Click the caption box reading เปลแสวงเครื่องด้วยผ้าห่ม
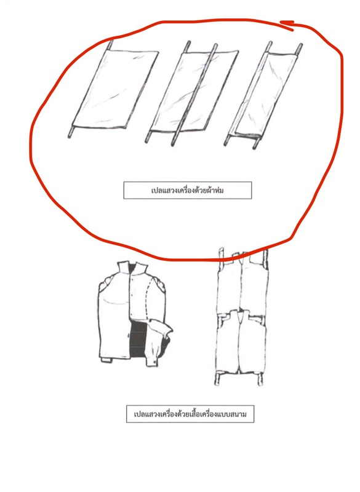tap(187, 190)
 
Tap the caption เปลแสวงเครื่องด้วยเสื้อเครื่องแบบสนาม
tap(190, 414)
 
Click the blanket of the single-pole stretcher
tap(115, 89)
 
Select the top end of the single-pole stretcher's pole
tap(111, 42)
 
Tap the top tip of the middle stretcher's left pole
tap(189, 42)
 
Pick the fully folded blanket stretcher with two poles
tap(263, 94)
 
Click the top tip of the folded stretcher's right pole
tap(300, 46)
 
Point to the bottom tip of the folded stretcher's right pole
tap(255, 147)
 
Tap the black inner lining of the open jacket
tap(138, 339)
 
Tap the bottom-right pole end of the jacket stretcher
tap(260, 383)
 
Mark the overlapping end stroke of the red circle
tap(287, 25)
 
